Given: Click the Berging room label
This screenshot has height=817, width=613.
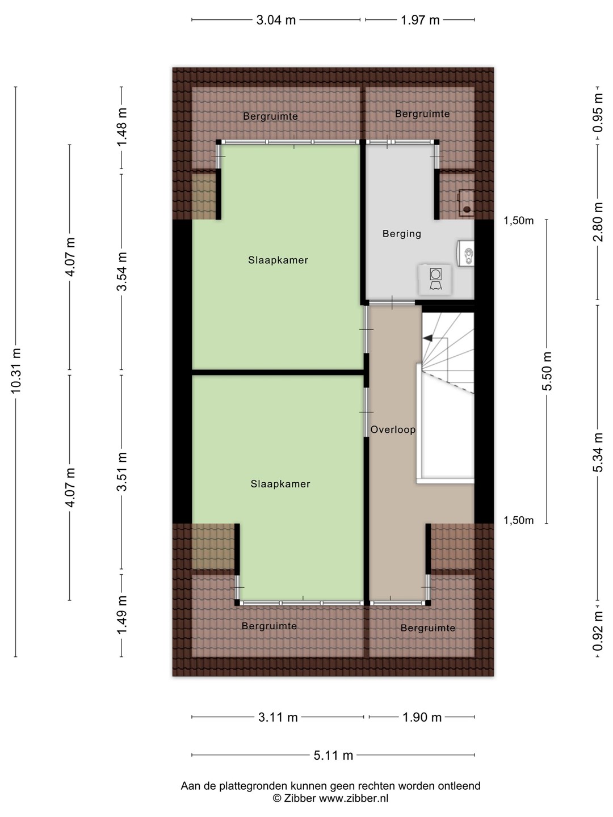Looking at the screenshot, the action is click(x=402, y=234).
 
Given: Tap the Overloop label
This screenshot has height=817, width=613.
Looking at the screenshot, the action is click(x=393, y=429).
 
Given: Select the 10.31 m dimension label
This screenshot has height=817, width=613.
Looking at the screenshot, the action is click(x=16, y=370).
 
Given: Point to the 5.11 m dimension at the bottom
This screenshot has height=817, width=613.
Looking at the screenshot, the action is click(x=333, y=755).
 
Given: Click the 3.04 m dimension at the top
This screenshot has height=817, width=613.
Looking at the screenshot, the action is click(x=276, y=20).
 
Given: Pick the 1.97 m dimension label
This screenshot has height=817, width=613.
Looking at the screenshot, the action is click(x=420, y=20).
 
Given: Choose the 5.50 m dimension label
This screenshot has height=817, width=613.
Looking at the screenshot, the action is click(x=547, y=371).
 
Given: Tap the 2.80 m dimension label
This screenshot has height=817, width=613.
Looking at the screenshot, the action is click(x=597, y=222).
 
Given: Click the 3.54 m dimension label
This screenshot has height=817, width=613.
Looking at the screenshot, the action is click(x=121, y=271).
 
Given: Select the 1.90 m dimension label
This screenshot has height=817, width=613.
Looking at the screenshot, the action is click(x=422, y=717).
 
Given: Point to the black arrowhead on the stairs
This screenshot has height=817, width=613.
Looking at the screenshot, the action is click(x=427, y=338).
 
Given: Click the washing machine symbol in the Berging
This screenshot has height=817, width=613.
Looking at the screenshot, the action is click(x=435, y=279).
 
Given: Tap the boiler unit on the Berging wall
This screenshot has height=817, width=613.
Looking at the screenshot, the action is click(x=465, y=253).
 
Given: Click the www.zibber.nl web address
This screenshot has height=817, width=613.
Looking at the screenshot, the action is click(x=354, y=798).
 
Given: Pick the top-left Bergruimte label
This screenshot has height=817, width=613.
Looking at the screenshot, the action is click(x=270, y=116).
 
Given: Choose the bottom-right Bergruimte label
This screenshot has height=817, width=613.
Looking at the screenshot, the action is click(x=427, y=628).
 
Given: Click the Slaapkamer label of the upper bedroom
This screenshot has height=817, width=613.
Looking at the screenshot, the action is click(x=278, y=260).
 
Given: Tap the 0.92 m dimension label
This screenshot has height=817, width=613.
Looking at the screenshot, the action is click(x=597, y=631).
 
